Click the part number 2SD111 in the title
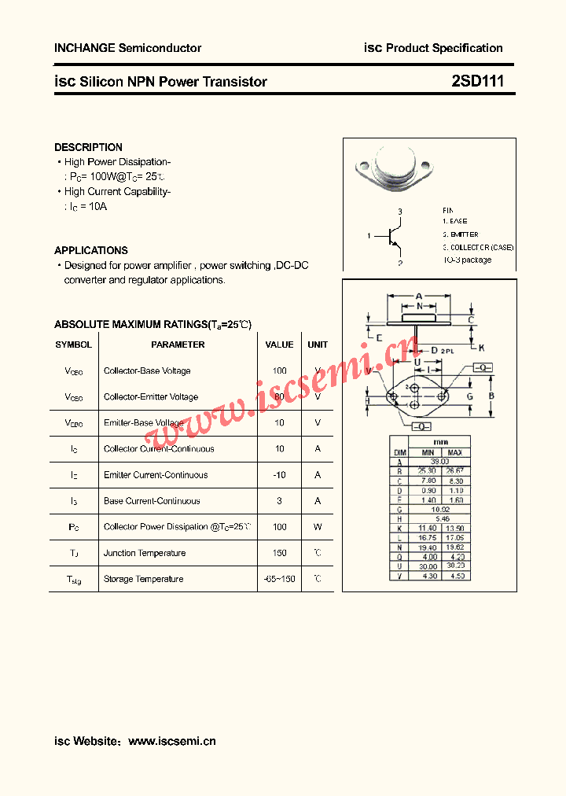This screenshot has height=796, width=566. tap(477, 81)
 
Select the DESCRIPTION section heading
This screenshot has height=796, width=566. tap(88, 147)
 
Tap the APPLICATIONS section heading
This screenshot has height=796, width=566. tap(90, 250)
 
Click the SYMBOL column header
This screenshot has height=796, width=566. tap(73, 345)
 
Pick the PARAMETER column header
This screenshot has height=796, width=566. tap(178, 345)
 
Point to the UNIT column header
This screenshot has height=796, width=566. tap(318, 345)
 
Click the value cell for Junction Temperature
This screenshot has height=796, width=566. tap(279, 553)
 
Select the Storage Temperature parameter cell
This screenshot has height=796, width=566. tap(143, 579)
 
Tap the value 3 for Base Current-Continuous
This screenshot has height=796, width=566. tap(279, 501)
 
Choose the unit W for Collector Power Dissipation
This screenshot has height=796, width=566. tap(318, 527)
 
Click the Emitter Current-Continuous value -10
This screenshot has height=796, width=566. tap(279, 475)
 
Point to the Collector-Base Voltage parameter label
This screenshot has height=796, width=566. tap(147, 370)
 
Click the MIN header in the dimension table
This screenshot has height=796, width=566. tap(427, 453)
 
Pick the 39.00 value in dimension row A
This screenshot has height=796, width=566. tap(440, 462)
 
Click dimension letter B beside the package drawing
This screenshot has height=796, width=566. tap(491, 396)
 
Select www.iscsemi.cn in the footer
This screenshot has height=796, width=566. tap(171, 741)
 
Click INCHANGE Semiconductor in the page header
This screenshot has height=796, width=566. tap(127, 48)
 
